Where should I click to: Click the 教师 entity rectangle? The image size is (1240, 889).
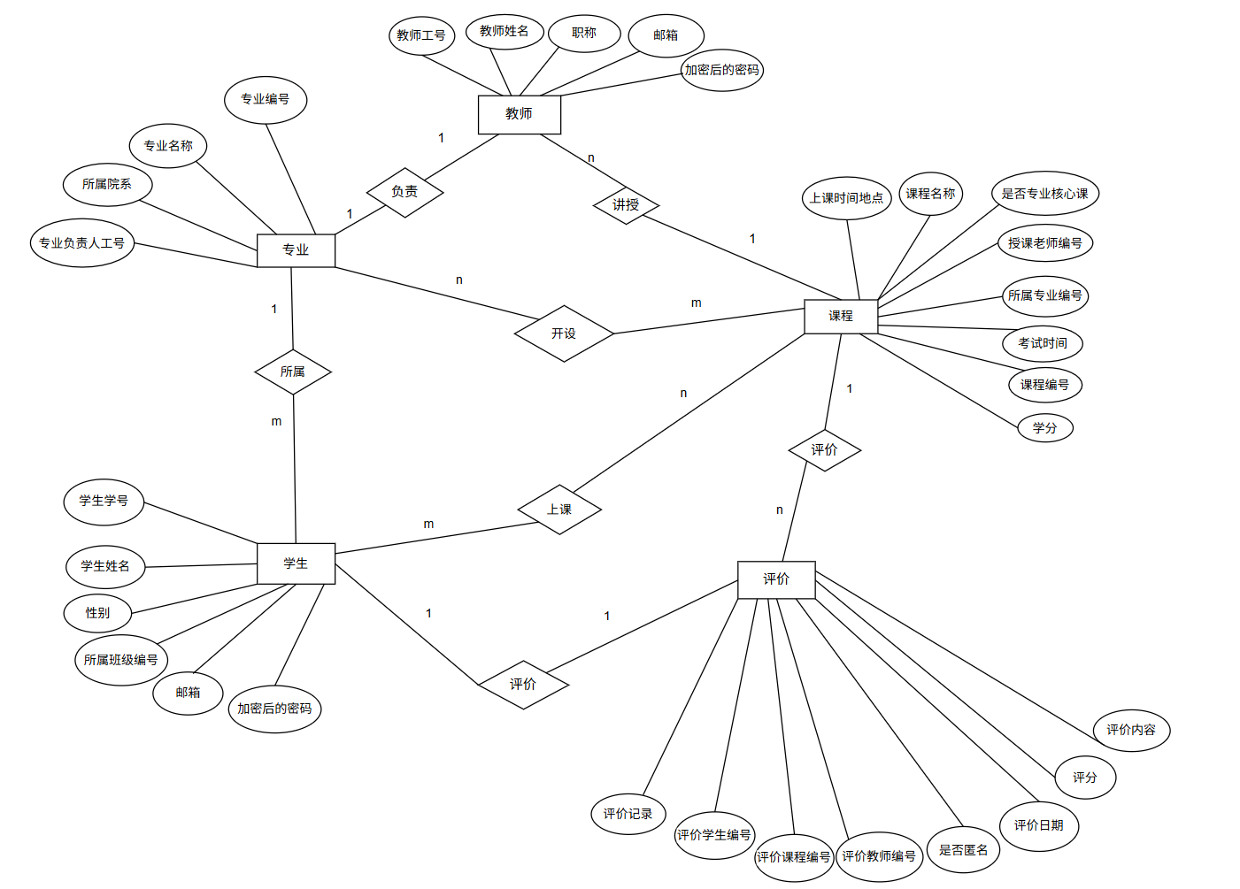pyautogui.click(x=519, y=114)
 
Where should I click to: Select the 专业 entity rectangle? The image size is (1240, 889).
pyautogui.click(x=296, y=250)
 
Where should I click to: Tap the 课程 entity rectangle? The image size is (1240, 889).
pyautogui.click(x=840, y=316)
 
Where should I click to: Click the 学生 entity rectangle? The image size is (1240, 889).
pyautogui.click(x=296, y=563)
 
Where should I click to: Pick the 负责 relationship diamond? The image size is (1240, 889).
pyautogui.click(x=404, y=192)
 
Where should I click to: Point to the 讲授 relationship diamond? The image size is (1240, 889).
pyautogui.click(x=626, y=205)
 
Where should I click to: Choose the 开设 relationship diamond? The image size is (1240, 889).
pyautogui.click(x=564, y=333)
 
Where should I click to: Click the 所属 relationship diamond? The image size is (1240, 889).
pyautogui.click(x=293, y=372)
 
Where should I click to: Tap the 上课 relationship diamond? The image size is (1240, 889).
pyautogui.click(x=559, y=510)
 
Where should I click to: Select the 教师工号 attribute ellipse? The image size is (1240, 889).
pyautogui.click(x=421, y=35)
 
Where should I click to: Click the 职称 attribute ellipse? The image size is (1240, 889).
pyautogui.click(x=584, y=34)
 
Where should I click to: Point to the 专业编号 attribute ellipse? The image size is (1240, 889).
pyautogui.click(x=266, y=99)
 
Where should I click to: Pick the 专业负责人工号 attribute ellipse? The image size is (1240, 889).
pyautogui.click(x=81, y=243)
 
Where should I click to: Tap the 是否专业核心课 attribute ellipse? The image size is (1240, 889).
pyautogui.click(x=1044, y=194)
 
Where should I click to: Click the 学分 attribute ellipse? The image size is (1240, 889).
pyautogui.click(x=1044, y=428)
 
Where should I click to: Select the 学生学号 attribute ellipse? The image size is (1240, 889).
pyautogui.click(x=104, y=501)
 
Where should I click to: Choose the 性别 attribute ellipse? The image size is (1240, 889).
pyautogui.click(x=97, y=613)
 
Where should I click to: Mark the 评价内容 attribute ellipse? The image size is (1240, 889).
pyautogui.click(x=1131, y=730)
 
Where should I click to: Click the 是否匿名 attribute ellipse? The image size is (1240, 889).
pyautogui.click(x=963, y=850)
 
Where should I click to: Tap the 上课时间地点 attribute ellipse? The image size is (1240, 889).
pyautogui.click(x=846, y=198)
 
